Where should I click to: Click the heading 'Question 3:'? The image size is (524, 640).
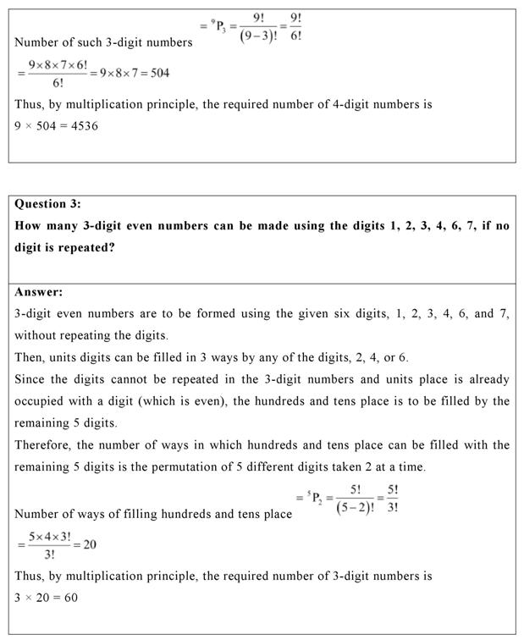click(52, 204)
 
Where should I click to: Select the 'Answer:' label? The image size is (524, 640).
click(39, 292)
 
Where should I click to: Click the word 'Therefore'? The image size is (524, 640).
click(46, 444)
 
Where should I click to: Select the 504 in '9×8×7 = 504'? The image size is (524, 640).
click(157, 73)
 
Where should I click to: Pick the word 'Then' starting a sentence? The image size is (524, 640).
click(30, 356)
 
